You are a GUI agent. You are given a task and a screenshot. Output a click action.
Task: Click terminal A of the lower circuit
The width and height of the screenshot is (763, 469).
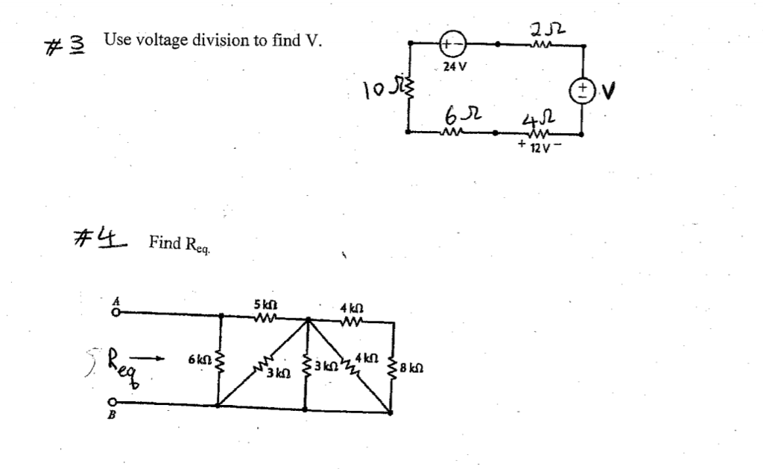click(115, 313)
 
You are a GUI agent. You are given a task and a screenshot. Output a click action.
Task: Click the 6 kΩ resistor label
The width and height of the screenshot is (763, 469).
click(198, 360)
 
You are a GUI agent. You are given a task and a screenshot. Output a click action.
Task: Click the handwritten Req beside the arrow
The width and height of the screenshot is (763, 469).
click(119, 363)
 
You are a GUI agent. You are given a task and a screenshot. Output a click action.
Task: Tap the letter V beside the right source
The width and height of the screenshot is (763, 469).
click(609, 92)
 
